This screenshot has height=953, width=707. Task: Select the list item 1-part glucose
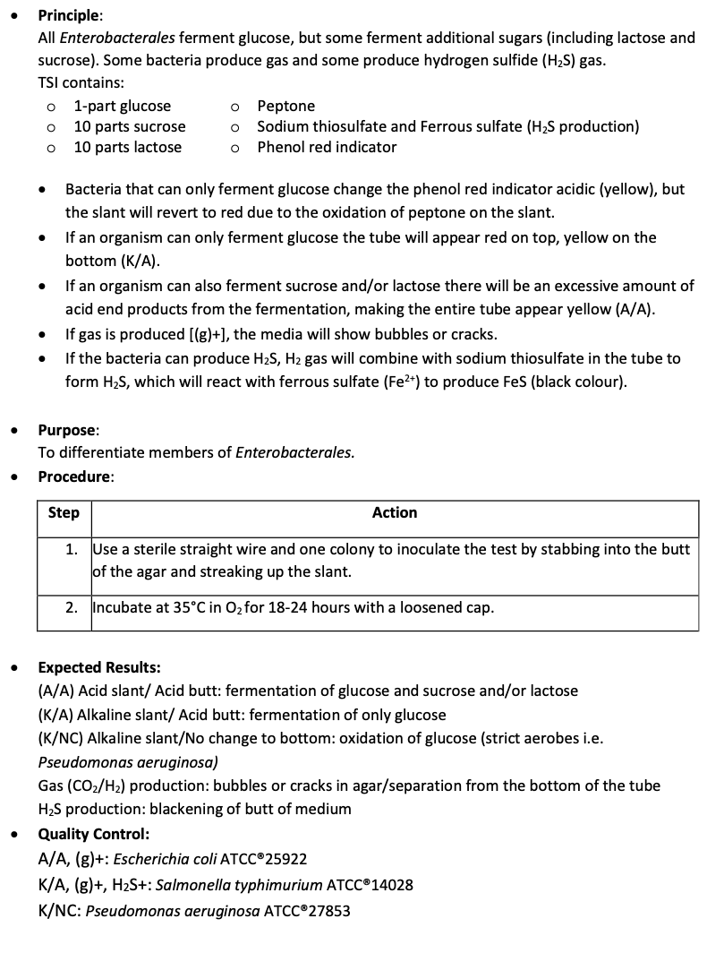[122, 106]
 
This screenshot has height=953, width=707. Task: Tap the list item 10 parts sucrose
[129, 126]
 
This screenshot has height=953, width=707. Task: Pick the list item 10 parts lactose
[127, 147]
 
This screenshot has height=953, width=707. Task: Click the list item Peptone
[285, 106]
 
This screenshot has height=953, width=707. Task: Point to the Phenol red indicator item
[327, 147]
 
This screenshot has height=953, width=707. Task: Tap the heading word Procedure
[74, 477]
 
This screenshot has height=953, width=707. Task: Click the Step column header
[64, 513]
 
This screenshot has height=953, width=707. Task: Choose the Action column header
[395, 513]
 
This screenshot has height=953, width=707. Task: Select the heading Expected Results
[98, 667]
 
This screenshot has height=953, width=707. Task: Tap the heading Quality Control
[93, 835]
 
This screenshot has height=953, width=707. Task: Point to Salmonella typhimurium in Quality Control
[231, 886]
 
